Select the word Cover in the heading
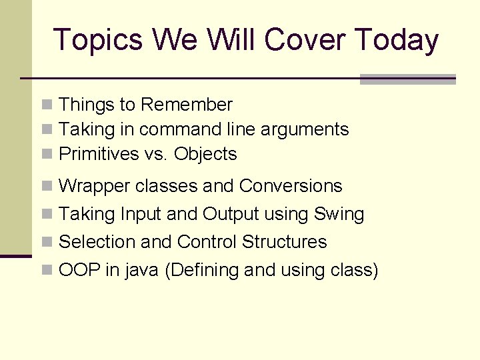pos(305,40)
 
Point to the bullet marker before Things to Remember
pos(47,105)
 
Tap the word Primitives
pos(99,154)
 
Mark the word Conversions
pos(291,186)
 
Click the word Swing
pos(339,215)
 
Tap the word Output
pos(231,215)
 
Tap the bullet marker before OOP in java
pos(47,271)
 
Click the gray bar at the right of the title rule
pos(407,79)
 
